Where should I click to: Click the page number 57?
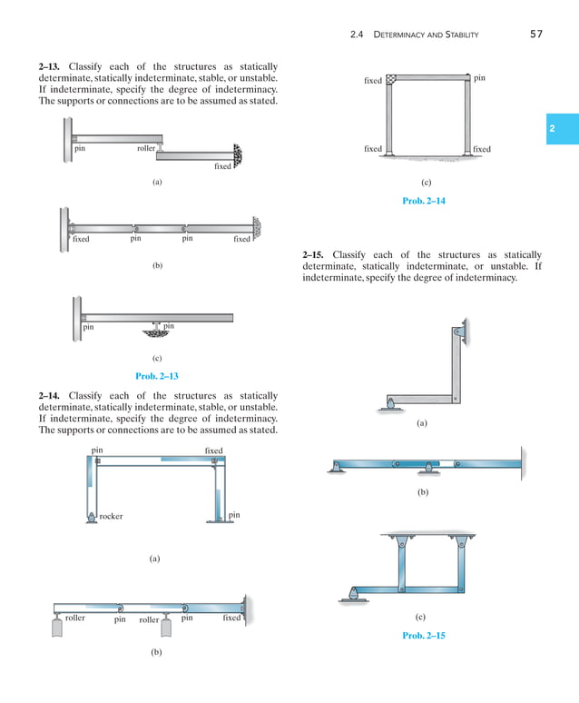pyautogui.click(x=535, y=35)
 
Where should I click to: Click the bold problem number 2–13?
pyautogui.click(x=51, y=67)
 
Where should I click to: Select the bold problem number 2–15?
pyautogui.click(x=315, y=254)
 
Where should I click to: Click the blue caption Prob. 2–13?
pyautogui.click(x=156, y=376)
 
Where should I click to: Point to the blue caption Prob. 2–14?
pyautogui.click(x=423, y=201)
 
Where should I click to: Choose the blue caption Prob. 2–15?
pyautogui.click(x=423, y=636)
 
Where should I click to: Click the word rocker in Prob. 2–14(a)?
pyautogui.click(x=111, y=517)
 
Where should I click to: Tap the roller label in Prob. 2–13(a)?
pyautogui.click(x=145, y=148)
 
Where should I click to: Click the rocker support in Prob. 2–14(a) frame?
pyautogui.click(x=91, y=518)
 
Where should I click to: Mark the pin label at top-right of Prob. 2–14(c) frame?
pyautogui.click(x=479, y=79)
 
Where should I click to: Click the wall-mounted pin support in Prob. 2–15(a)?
pyautogui.click(x=463, y=332)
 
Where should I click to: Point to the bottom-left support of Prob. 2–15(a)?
pyautogui.click(x=389, y=404)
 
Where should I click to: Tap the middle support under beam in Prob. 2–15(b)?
pyautogui.click(x=427, y=470)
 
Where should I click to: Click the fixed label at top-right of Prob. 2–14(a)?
pyautogui.click(x=213, y=451)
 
